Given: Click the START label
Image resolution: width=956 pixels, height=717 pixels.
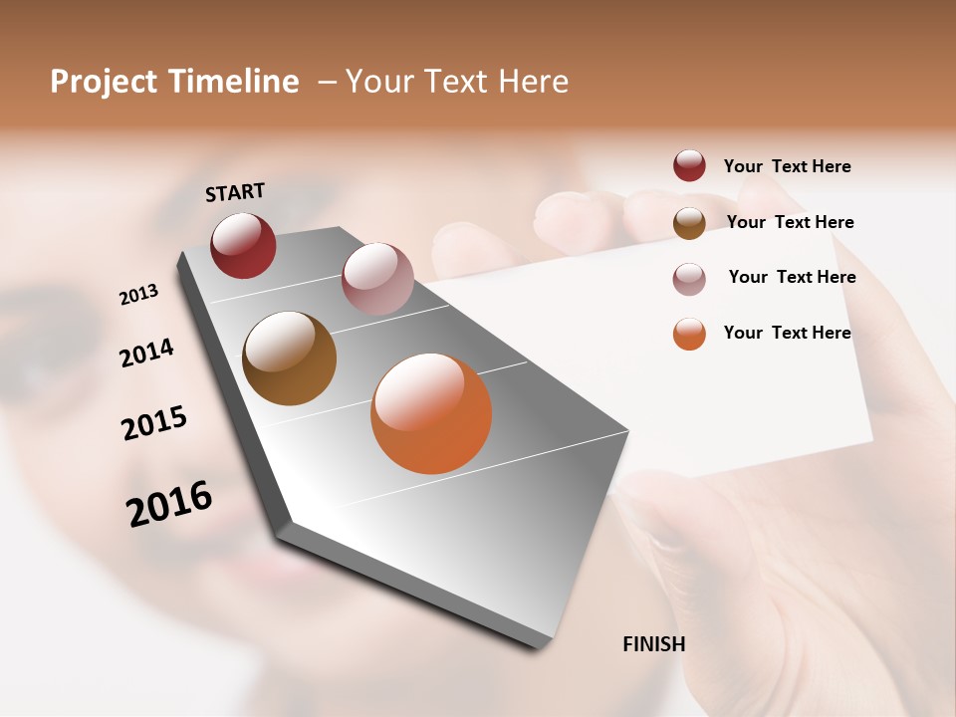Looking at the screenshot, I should coord(235,192).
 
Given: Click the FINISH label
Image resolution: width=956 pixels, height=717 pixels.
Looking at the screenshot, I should coord(653,644).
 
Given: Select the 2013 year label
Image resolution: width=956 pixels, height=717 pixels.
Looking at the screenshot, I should coord(139,294).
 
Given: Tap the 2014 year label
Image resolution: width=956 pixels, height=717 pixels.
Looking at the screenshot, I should coord(147,353).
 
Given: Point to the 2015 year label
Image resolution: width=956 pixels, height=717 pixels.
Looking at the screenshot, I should coord(154,423).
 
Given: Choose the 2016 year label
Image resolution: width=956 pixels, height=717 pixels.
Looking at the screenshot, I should coord(169,503).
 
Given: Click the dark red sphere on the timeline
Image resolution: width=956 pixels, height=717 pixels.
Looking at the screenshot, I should coord(243,245).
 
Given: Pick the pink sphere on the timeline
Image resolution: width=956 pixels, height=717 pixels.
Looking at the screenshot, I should coord(377,279).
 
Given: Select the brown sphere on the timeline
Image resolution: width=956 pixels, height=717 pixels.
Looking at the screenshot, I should coord(289,358).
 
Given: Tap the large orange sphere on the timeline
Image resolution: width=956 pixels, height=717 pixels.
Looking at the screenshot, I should coord(431,413).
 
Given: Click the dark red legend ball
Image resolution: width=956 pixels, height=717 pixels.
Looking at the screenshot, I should coord(689,166).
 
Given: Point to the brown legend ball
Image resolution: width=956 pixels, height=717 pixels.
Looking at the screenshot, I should coord(689,223).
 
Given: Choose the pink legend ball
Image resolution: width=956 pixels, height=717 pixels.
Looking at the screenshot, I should coord(689,279).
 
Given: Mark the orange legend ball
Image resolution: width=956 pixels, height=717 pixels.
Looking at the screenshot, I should coord(689,334).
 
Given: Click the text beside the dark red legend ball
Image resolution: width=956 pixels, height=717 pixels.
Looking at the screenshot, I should coord(787,167).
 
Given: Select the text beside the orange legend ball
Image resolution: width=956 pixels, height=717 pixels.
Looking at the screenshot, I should coord(787,333).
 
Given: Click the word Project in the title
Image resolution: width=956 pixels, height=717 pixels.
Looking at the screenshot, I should coord(104,82).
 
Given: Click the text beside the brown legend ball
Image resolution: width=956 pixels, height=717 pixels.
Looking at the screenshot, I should coord(790,222).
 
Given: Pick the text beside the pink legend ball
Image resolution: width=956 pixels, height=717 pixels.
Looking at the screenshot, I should coord(792,277).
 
